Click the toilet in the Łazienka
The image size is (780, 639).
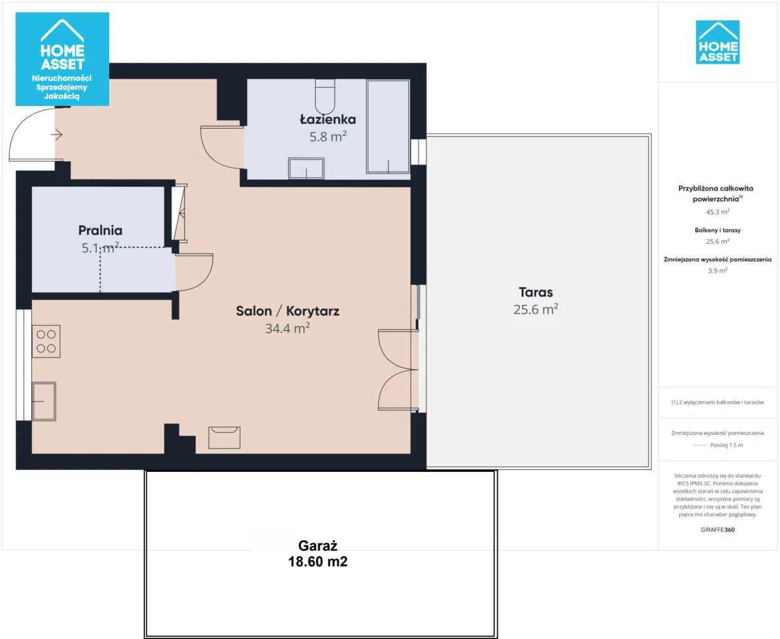click(325, 96)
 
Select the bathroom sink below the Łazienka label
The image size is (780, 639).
click(306, 168)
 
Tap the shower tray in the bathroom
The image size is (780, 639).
click(388, 127)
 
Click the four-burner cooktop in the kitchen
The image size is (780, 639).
click(46, 341)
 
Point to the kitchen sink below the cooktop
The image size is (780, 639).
click(44, 401)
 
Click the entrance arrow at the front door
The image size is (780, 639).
click(57, 135)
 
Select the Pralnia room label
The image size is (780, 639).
click(100, 230)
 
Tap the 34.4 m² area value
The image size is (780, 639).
click(287, 328)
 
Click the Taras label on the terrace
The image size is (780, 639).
click(536, 292)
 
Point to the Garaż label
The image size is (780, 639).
click(318, 545)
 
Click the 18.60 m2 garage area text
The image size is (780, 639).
click(318, 562)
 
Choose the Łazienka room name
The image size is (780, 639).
click(328, 119)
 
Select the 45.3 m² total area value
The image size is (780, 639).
click(718, 212)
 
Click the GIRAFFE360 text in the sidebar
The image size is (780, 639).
click(718, 530)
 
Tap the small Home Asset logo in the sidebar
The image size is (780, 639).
click(718, 42)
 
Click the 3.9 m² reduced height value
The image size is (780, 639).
click(718, 270)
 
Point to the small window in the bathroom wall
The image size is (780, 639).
click(419, 151)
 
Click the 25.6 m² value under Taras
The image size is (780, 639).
click(536, 309)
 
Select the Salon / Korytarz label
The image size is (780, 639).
click(287, 311)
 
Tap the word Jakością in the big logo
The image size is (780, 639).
click(62, 96)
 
